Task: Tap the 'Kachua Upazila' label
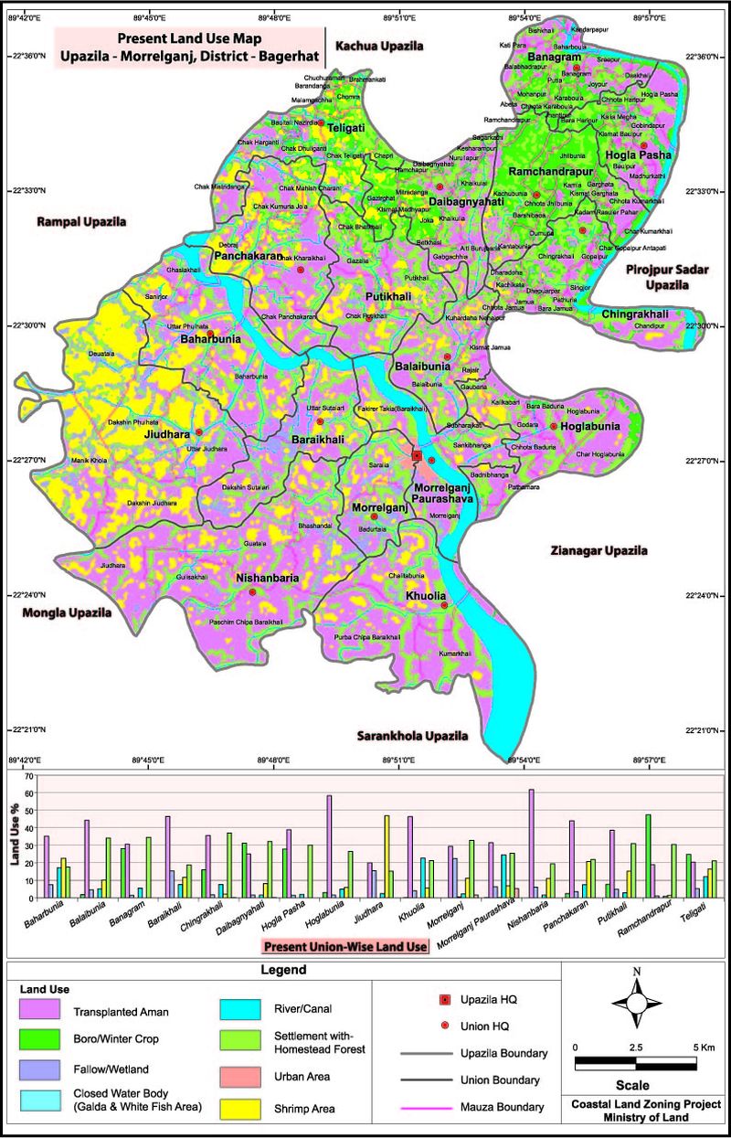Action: tap(379, 45)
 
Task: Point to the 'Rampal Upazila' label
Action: tap(81, 221)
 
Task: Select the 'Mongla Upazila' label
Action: tap(67, 612)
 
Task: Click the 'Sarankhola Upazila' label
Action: tap(412, 735)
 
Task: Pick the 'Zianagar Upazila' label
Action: tap(599, 550)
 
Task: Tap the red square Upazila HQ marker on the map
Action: tap(417, 455)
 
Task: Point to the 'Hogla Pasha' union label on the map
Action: tap(638, 155)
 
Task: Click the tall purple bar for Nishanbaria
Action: tap(531, 843)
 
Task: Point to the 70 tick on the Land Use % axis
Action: tap(27, 776)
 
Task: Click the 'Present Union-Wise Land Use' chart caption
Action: tap(344, 947)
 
